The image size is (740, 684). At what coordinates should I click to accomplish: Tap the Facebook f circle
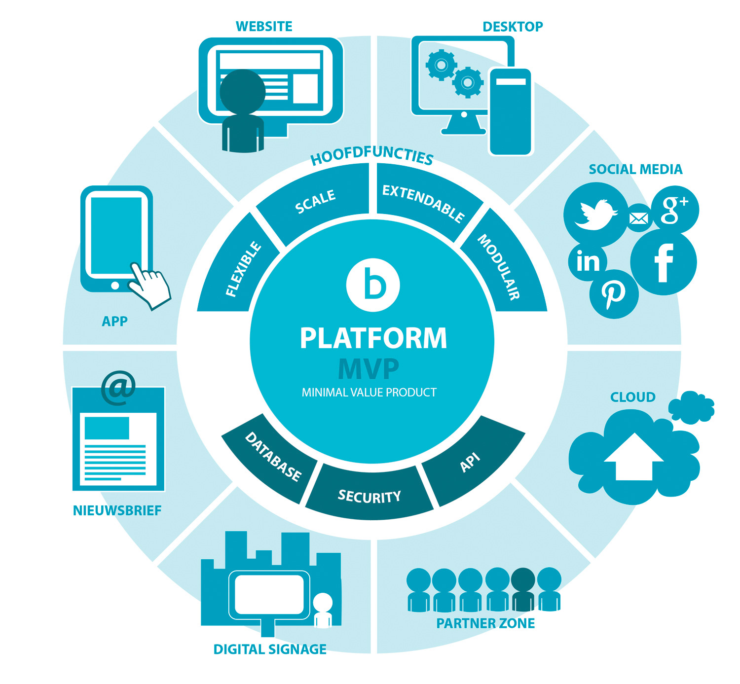pyautogui.click(x=664, y=263)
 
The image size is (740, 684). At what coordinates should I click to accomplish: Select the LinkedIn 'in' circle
pyautogui.click(x=588, y=261)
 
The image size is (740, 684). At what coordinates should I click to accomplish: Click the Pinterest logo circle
pyautogui.click(x=614, y=294)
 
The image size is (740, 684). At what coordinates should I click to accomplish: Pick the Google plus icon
pyautogui.click(x=674, y=209)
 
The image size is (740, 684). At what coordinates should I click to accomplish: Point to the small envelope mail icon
pyautogui.click(x=639, y=217)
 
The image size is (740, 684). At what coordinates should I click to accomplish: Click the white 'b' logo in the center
pyautogui.click(x=373, y=285)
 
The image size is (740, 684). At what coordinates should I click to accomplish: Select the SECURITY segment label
pyautogui.click(x=369, y=496)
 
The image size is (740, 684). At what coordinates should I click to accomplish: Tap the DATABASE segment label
pyautogui.click(x=273, y=457)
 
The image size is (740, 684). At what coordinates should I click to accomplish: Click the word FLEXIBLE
pyautogui.click(x=243, y=269)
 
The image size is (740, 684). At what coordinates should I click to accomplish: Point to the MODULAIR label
pyautogui.click(x=499, y=267)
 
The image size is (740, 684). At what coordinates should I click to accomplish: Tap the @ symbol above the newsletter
pyautogui.click(x=118, y=387)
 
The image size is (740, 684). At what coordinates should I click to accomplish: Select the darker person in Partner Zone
pyautogui.click(x=523, y=589)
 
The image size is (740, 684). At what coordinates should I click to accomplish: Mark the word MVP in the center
pyautogui.click(x=369, y=368)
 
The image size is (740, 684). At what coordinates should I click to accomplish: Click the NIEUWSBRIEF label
pyautogui.click(x=117, y=510)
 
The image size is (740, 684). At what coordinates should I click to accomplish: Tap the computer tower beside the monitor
pyautogui.click(x=511, y=111)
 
